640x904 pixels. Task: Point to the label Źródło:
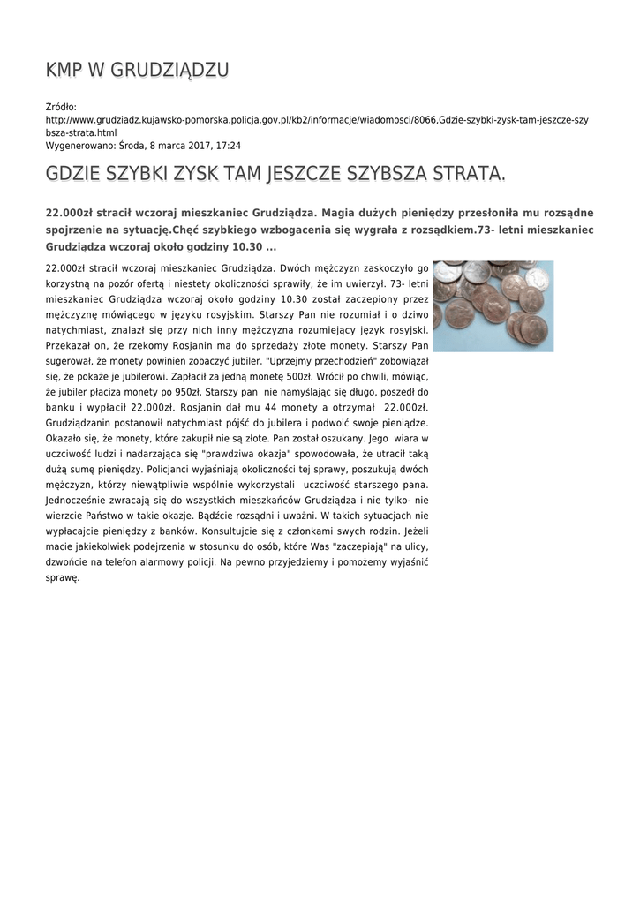pos(61,107)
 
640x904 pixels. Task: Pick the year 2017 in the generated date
pos(193,146)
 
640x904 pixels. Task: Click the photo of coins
pos(493,305)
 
